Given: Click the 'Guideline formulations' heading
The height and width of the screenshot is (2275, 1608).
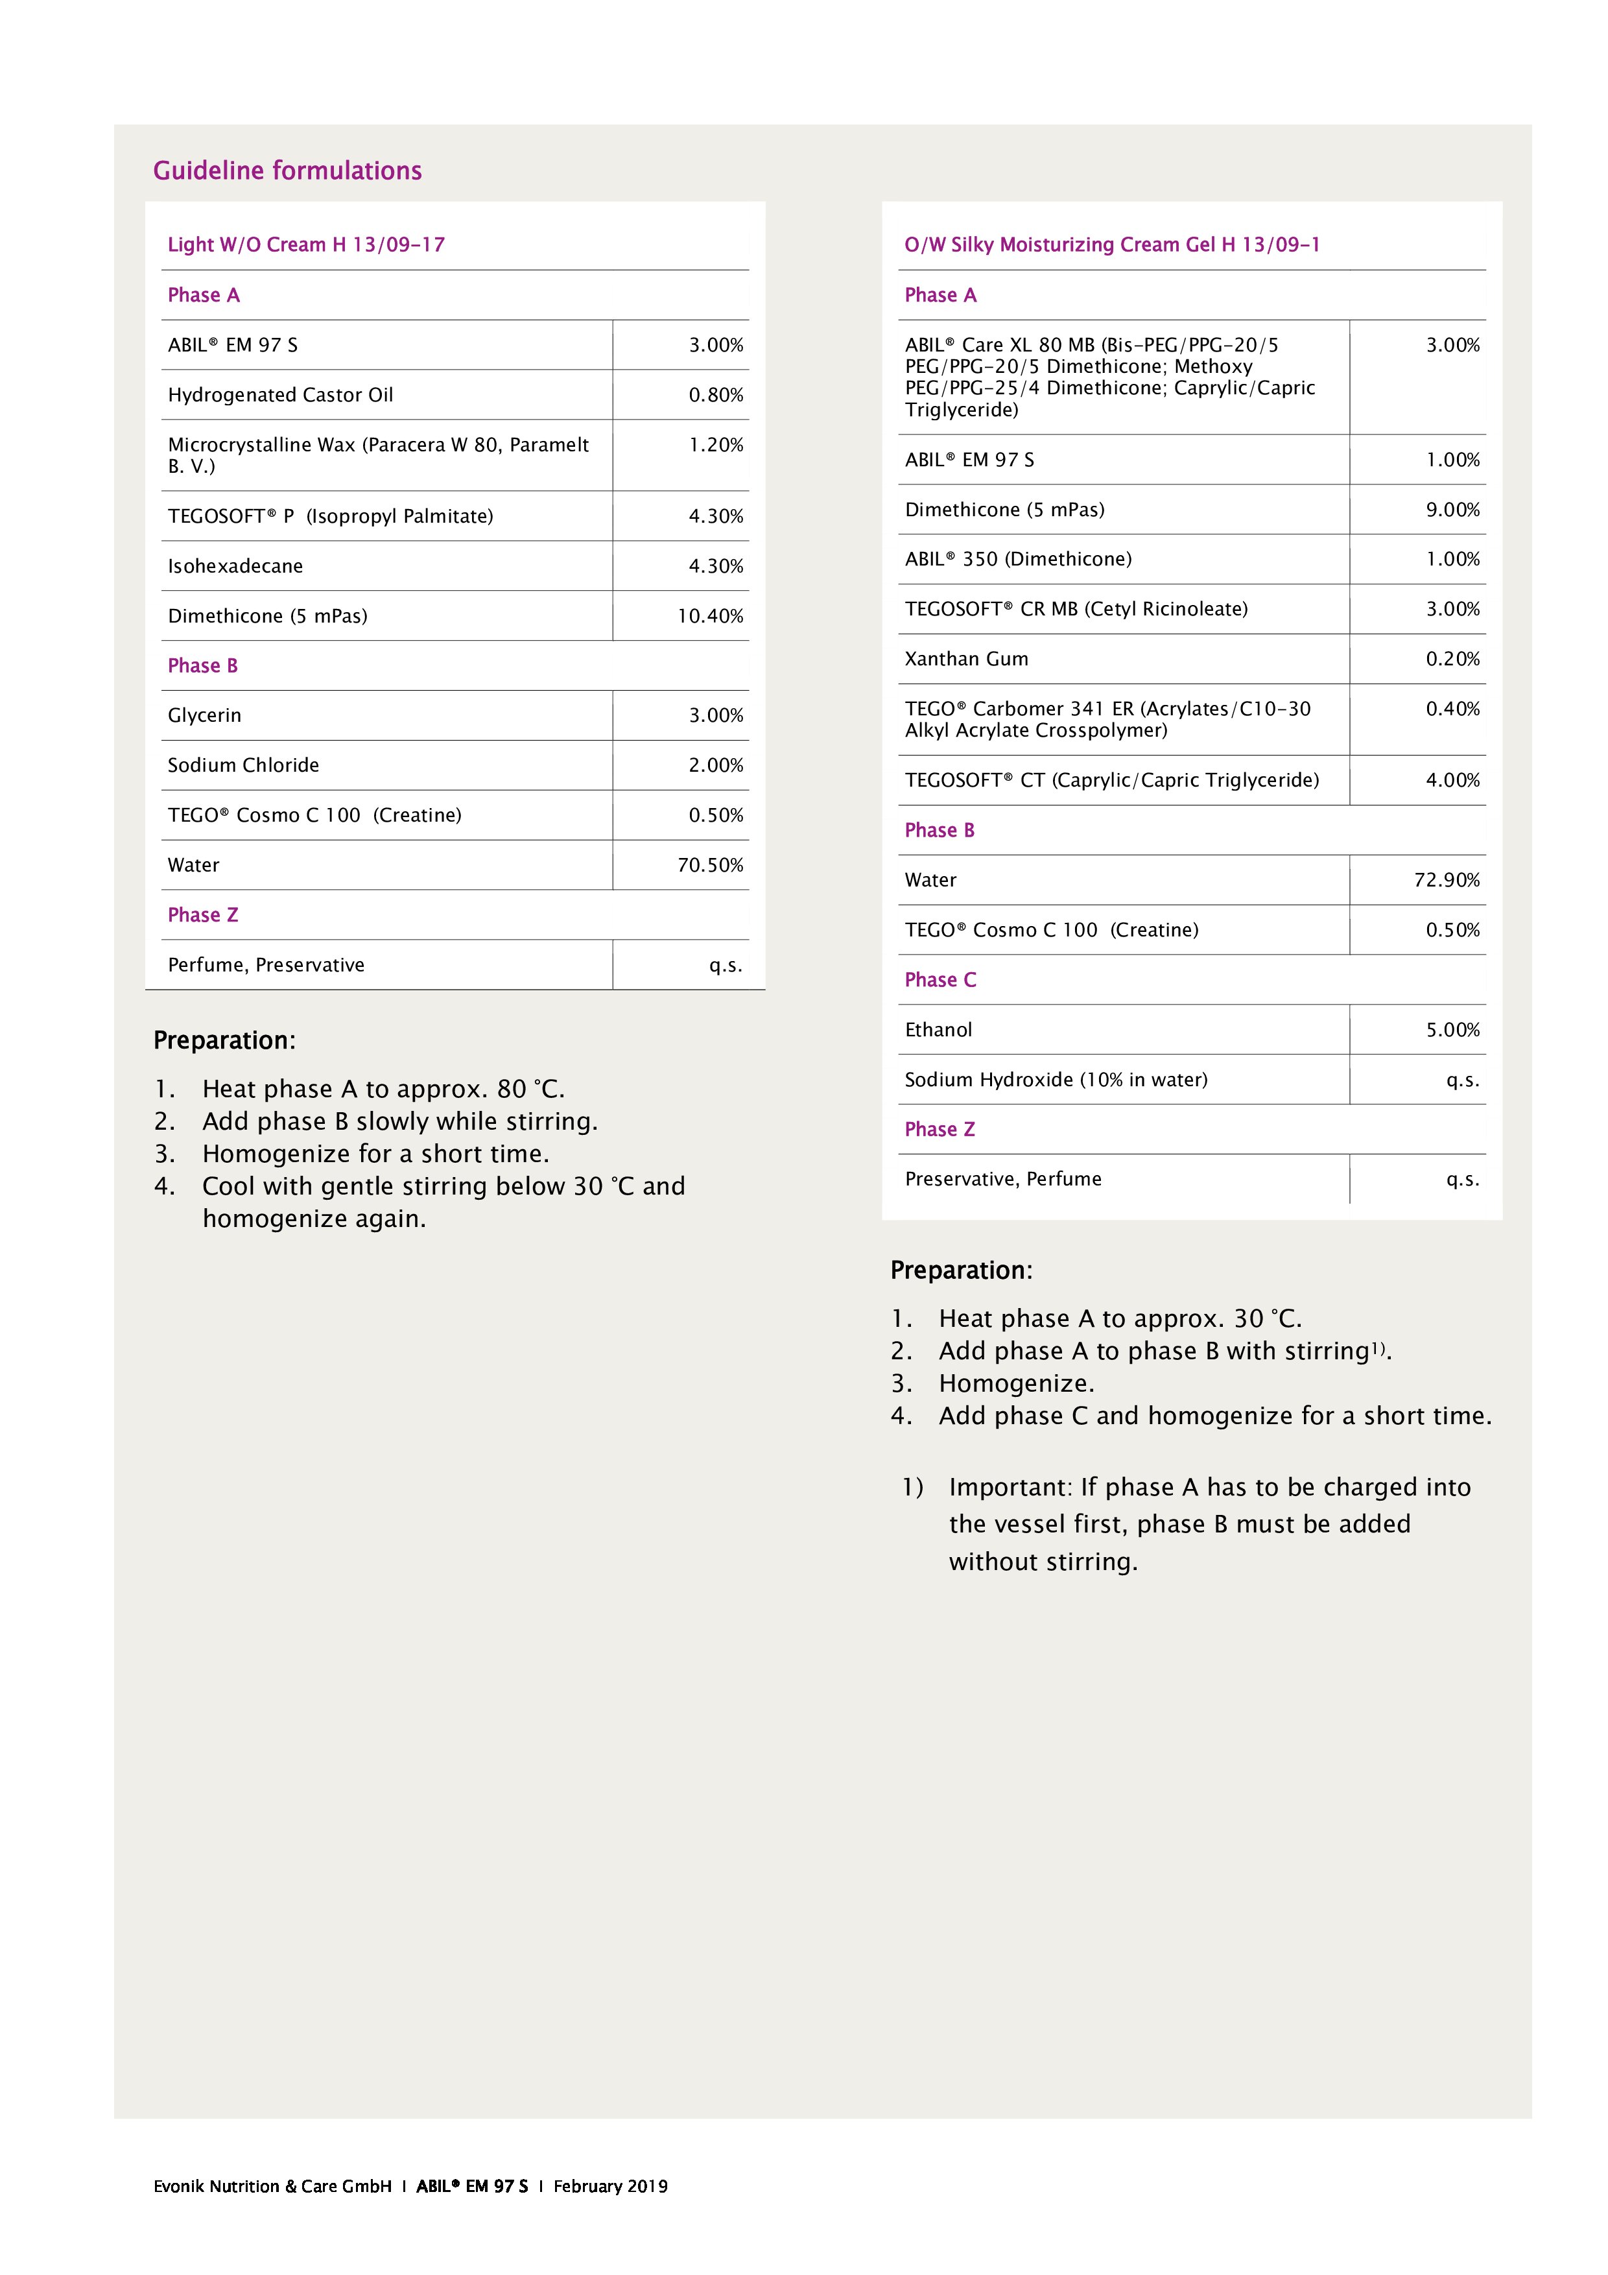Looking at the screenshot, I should (287, 171).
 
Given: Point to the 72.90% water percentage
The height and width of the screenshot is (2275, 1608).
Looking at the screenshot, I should (1447, 880).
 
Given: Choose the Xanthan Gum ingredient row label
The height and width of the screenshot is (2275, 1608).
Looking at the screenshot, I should (966, 659).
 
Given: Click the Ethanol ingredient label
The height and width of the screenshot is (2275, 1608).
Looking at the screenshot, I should (938, 1029).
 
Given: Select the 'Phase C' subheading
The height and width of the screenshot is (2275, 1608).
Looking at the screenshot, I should (940, 980).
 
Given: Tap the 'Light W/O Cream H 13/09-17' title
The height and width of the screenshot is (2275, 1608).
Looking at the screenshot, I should (306, 244).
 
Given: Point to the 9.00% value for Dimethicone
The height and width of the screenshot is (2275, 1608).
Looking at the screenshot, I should (1452, 509).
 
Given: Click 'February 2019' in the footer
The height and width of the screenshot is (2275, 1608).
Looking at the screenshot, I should (610, 2186).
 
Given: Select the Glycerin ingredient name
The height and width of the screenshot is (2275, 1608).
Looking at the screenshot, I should (204, 715).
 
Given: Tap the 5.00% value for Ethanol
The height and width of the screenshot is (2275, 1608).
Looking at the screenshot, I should (1452, 1029).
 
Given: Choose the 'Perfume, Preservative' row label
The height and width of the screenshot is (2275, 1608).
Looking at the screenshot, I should (266, 965).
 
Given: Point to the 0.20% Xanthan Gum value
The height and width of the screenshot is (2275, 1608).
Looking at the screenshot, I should (1452, 659).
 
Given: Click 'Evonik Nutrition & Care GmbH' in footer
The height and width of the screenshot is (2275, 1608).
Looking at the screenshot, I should (272, 2186).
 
